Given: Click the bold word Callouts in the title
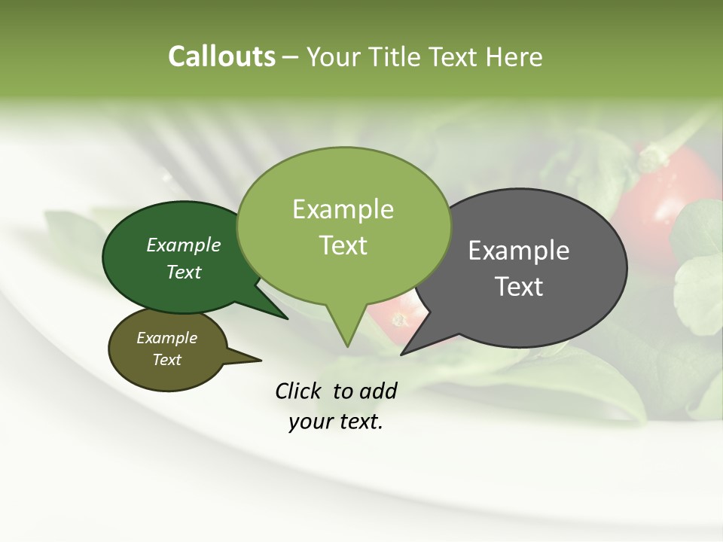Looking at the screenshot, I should click(221, 56).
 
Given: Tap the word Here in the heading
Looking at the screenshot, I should click(514, 56).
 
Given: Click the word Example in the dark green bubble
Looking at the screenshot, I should click(184, 245).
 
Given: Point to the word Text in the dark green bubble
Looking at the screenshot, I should click(184, 272).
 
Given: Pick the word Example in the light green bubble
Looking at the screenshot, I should click(343, 209).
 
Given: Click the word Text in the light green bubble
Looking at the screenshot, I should click(343, 245).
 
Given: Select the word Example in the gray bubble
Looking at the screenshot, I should click(519, 251).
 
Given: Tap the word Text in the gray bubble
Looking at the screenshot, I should click(519, 286).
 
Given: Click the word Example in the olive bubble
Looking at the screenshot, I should click(166, 338).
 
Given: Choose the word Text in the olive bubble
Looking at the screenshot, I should click(166, 360).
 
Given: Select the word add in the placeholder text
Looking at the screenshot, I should click(378, 391).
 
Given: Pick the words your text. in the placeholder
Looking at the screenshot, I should click(335, 422).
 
